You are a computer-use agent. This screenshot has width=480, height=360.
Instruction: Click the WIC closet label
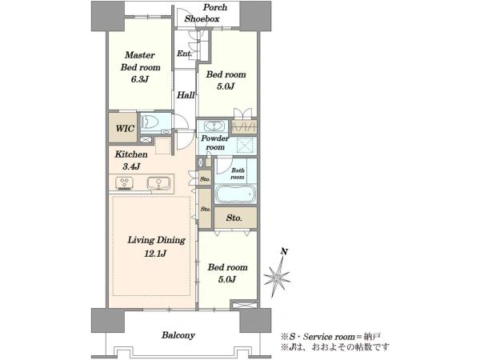pos(125,128)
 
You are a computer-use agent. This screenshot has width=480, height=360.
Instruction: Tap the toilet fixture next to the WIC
pos(150,122)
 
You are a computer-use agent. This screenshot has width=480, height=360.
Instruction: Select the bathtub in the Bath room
pos(235,194)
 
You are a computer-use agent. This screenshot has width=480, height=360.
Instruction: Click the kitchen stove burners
pos(124,183)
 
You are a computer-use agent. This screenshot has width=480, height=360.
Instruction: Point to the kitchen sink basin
pos(158,183)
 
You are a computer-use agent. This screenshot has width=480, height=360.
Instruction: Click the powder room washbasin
pos(214,126)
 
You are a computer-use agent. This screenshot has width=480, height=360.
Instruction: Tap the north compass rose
pos(277,278)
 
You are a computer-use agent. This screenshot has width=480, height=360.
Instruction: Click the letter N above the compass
pos(284,252)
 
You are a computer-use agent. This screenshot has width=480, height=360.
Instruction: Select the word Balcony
pos(178,335)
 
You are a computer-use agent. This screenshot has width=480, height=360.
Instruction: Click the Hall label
pos(186,95)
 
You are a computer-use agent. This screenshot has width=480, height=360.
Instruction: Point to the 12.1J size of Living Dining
pos(155,254)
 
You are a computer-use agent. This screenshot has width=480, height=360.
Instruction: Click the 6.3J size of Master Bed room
pos(139,79)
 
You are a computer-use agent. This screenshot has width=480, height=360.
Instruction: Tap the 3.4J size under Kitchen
pos(131,166)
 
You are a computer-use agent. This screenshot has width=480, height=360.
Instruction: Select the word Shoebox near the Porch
pos(202,18)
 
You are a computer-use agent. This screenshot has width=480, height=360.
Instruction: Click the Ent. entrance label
pos(184,54)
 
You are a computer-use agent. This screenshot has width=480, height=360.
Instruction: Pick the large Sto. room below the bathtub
pos(235,218)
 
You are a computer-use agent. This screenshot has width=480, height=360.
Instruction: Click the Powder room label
pos(215,142)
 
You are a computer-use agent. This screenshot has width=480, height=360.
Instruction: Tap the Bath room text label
pos(238,174)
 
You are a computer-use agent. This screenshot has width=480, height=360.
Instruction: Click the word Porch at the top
pos(215,7)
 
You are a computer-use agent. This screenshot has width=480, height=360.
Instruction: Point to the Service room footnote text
pos(330,337)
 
